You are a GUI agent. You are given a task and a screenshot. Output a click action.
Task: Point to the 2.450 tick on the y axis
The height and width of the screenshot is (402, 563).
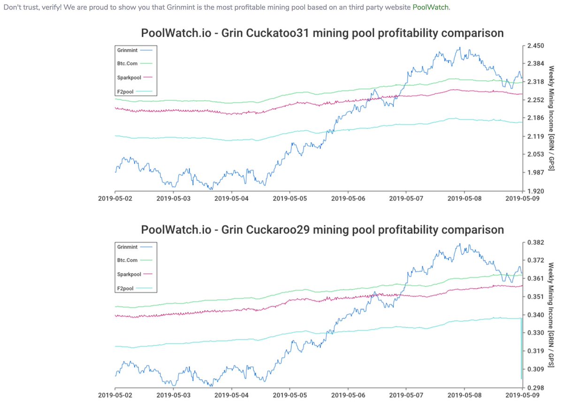pos(535,46)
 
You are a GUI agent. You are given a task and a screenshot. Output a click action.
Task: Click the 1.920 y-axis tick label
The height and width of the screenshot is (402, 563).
pos(535,191)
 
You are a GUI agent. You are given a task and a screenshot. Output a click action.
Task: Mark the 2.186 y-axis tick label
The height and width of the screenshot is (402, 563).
pos(535,118)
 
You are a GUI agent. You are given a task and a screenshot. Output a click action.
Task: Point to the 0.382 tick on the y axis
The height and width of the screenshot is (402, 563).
pos(535,242)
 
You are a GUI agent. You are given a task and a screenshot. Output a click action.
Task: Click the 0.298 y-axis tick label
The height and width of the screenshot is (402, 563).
pos(535,387)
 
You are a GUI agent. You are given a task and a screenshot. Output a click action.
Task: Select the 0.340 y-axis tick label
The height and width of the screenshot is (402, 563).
pos(535,315)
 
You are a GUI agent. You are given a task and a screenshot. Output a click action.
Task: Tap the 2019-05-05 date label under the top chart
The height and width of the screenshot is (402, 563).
pos(289,198)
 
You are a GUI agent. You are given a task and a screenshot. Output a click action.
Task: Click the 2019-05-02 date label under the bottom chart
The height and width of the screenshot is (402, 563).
pos(115,395)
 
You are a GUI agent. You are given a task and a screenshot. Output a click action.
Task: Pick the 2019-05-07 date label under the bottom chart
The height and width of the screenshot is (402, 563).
pos(406,395)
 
